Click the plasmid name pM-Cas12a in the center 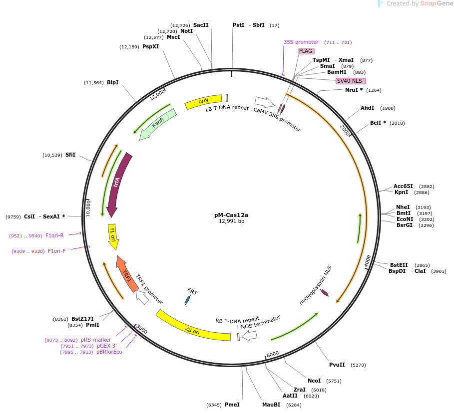(231, 215)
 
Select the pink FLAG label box (305, 51)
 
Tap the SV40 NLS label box (351, 81)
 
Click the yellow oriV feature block (203, 102)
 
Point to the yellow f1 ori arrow (113, 237)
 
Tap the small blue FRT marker (188, 299)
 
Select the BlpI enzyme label (112, 82)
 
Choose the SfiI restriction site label (70, 155)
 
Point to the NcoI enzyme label (314, 381)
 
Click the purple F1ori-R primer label (54, 235)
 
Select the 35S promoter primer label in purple (301, 42)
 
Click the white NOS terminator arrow (249, 336)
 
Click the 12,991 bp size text (231, 221)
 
